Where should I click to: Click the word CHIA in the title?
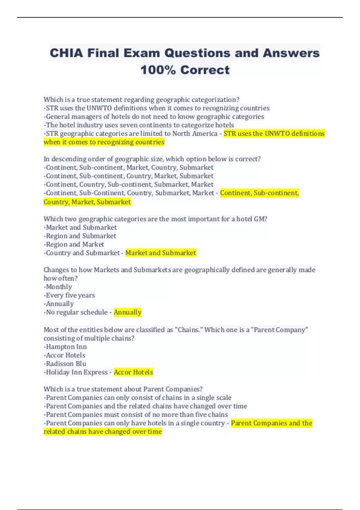[x=66, y=53]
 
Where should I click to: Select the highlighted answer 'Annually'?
[x=127, y=312]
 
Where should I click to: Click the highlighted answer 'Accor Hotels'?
[x=133, y=372]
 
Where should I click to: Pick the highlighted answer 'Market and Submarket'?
[x=160, y=253]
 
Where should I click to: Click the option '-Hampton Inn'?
[x=65, y=347]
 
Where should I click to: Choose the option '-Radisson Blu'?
[x=65, y=364]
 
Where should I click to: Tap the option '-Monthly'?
[x=58, y=287]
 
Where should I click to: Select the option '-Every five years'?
[x=69, y=295]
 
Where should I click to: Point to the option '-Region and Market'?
[x=74, y=244]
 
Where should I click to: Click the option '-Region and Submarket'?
[x=80, y=236]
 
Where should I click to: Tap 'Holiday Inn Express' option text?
[x=77, y=372]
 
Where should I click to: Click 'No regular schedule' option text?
[x=77, y=312]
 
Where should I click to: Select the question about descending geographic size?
[x=152, y=159]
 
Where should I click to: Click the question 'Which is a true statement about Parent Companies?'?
[x=123, y=389]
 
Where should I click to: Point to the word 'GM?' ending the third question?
[x=260, y=219]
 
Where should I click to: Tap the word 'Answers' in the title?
[x=291, y=53]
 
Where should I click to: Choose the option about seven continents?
[x=139, y=125]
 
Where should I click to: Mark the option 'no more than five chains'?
[x=136, y=415]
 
